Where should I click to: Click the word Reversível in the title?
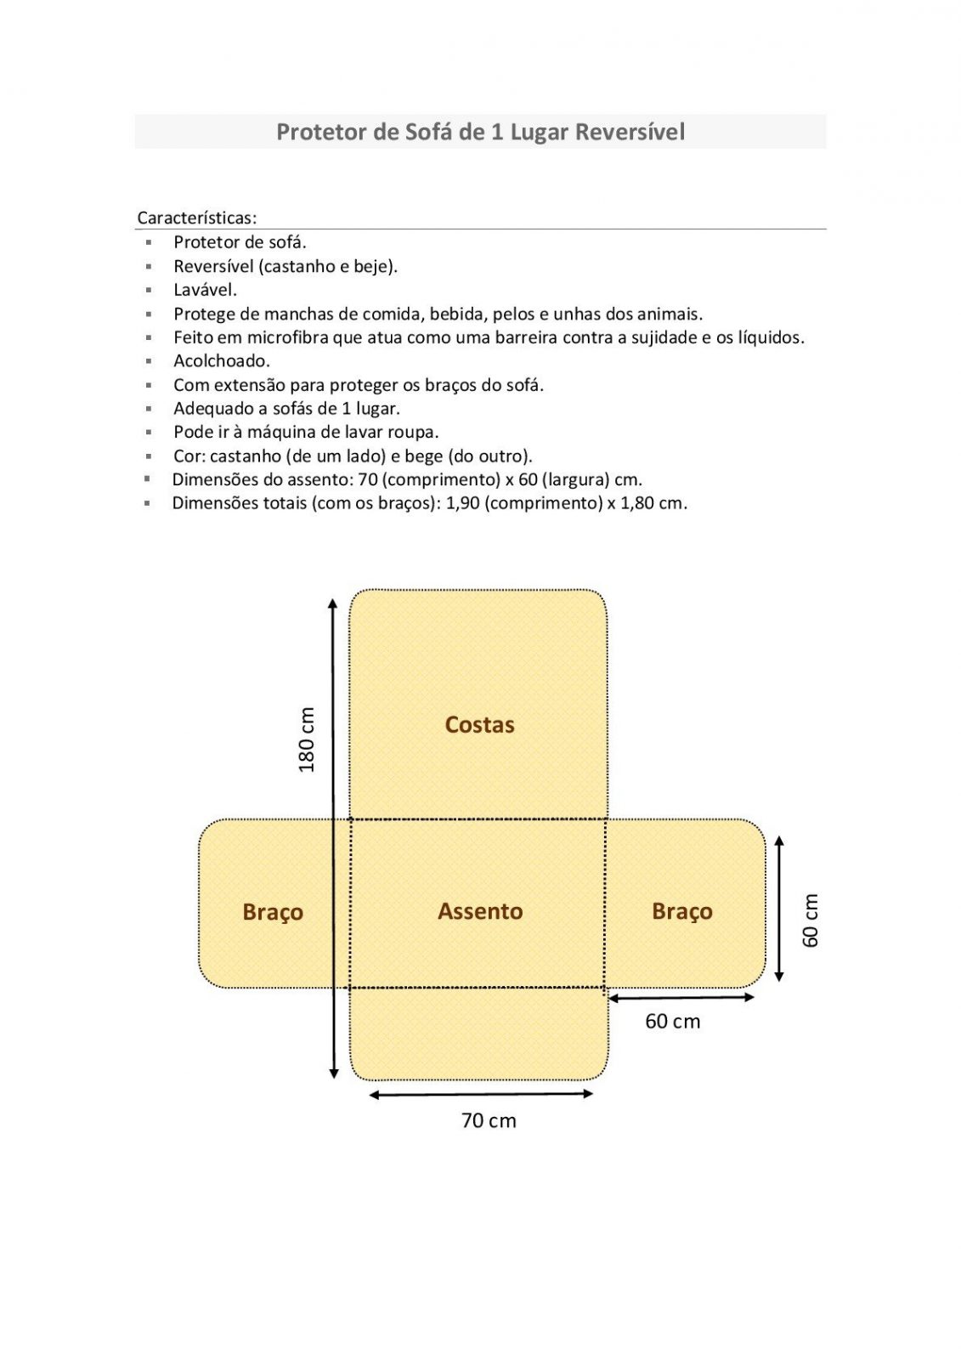[630, 132]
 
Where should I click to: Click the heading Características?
[196, 218]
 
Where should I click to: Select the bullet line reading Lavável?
[205, 290]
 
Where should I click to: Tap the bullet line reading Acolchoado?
[222, 360]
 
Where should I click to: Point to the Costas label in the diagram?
[479, 724]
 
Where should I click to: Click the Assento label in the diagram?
[480, 910]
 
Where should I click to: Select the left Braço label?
[273, 911]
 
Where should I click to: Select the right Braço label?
[682, 910]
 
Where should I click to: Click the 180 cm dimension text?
[307, 739]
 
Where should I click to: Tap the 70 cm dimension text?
[489, 1120]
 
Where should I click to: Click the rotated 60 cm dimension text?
[811, 920]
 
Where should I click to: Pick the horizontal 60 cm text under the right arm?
[673, 1021]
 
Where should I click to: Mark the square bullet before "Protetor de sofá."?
[148, 242]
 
